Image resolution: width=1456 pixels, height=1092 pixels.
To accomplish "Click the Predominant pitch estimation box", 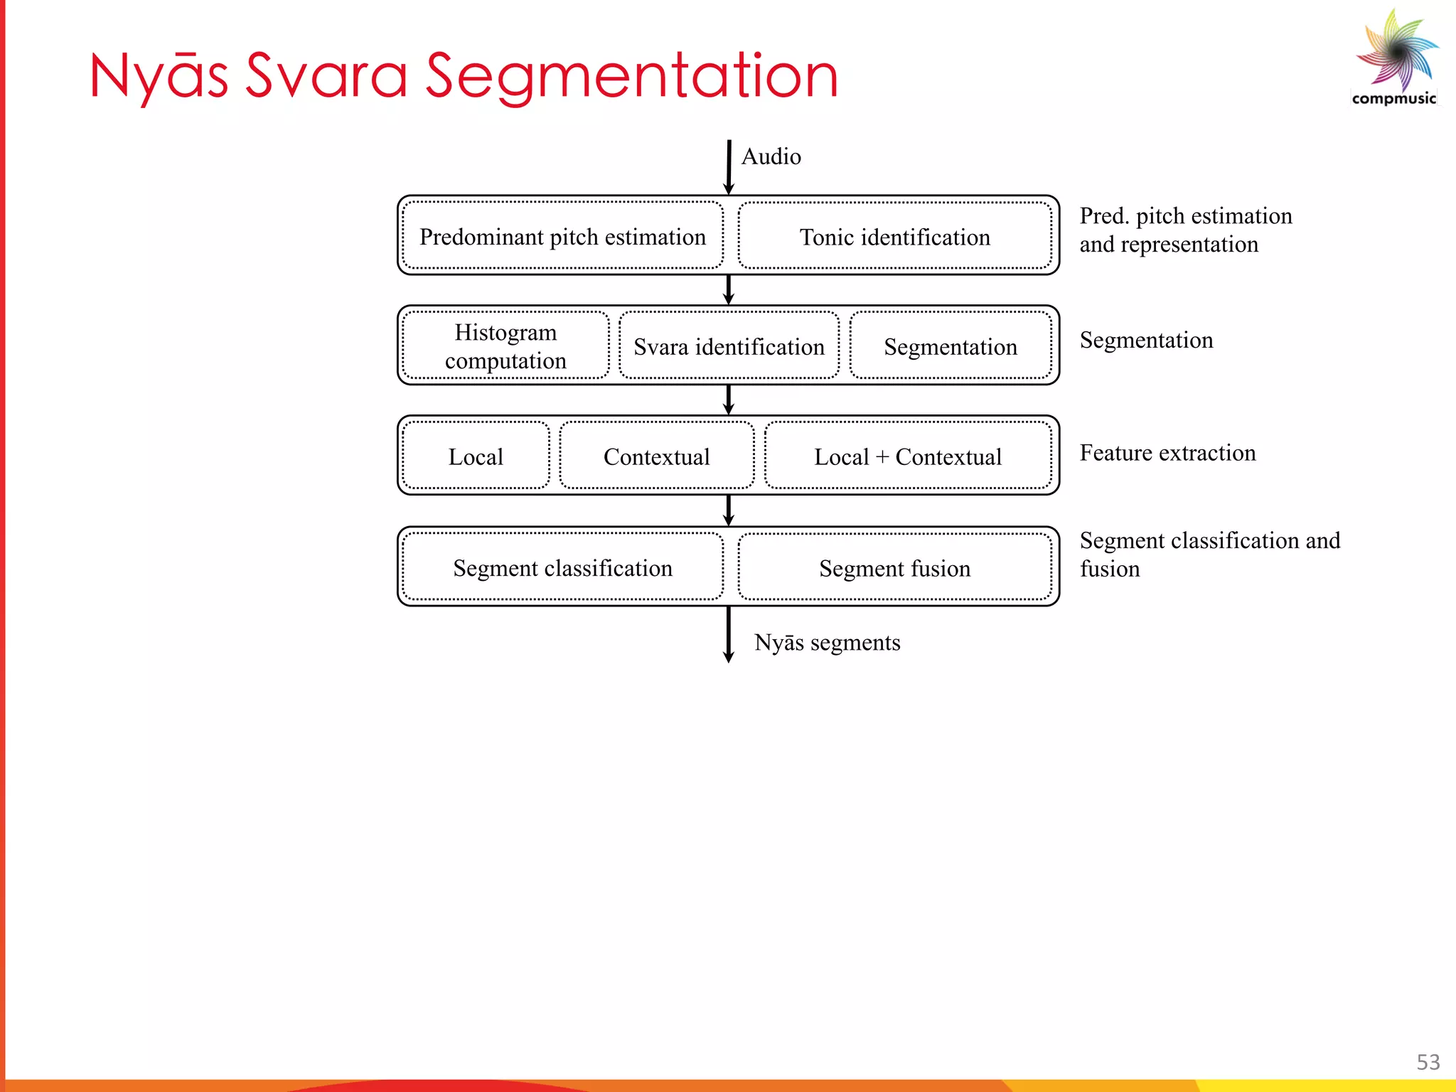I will [562, 236].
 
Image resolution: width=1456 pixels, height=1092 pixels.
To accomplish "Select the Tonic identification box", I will [894, 236].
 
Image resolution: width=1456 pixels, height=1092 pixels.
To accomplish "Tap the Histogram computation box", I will [505, 346].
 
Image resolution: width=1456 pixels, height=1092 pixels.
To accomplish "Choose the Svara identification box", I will [729, 346].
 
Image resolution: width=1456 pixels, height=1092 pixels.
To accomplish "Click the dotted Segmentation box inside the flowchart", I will [950, 346].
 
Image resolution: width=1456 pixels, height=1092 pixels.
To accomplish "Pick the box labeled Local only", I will [476, 456].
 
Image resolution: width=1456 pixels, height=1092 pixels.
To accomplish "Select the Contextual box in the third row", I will [656, 456].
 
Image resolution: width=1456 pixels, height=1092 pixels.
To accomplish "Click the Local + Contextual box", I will [907, 456].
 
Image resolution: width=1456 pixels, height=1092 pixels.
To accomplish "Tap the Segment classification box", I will [562, 567].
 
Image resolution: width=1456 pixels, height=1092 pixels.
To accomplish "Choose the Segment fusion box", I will [894, 567].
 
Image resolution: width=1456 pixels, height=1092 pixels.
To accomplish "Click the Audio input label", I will [771, 156].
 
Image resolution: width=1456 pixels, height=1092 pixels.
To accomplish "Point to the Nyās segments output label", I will [827, 642].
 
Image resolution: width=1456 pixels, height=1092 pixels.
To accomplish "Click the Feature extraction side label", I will [1167, 453].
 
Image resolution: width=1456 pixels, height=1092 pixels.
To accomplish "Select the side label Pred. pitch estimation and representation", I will [1185, 230].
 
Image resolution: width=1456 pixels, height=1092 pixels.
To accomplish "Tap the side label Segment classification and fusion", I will [1209, 554].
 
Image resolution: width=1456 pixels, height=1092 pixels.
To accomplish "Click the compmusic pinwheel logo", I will [1396, 53].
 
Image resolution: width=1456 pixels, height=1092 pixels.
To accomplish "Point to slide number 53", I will [1428, 1061].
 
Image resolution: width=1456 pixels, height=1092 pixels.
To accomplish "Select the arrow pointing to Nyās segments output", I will [728, 634].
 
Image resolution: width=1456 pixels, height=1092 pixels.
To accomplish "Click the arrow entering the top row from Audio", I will [729, 167].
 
